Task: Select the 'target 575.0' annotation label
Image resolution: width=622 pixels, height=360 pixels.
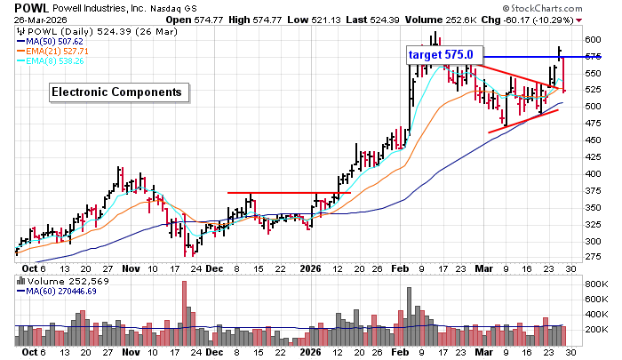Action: point(445,55)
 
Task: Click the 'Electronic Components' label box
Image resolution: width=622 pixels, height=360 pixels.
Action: point(116,92)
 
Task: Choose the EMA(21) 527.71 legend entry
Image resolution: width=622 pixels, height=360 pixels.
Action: point(56,51)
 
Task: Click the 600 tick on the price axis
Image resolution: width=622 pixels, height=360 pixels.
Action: point(593,40)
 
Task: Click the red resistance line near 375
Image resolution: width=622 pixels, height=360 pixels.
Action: point(289,193)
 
